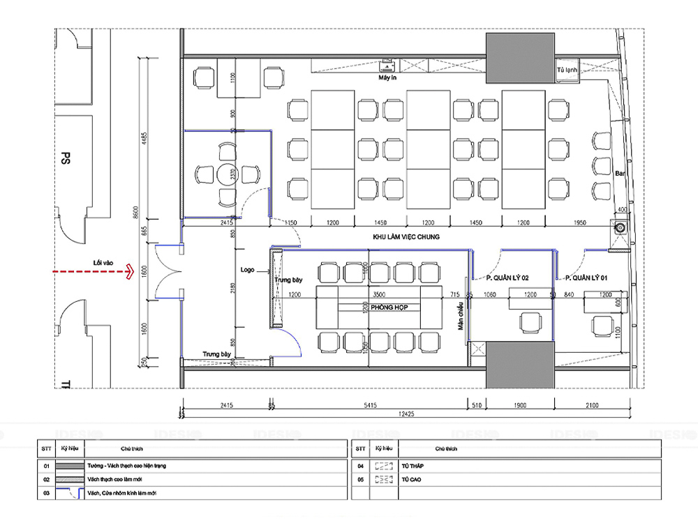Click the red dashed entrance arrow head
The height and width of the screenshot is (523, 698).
[x=129, y=273]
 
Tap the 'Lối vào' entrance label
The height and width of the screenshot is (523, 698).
[x=103, y=263]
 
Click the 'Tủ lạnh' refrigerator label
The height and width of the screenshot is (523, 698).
[x=565, y=71]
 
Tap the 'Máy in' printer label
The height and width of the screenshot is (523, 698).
[x=388, y=78]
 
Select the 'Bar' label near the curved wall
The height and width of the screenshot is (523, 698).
[x=619, y=173]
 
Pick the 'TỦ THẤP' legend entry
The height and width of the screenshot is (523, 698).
[x=412, y=465]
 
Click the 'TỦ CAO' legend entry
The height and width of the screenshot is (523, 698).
[x=410, y=480]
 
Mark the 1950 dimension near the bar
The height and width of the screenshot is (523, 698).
[x=579, y=222]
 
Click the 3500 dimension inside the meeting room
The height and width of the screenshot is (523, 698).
[x=379, y=295]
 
